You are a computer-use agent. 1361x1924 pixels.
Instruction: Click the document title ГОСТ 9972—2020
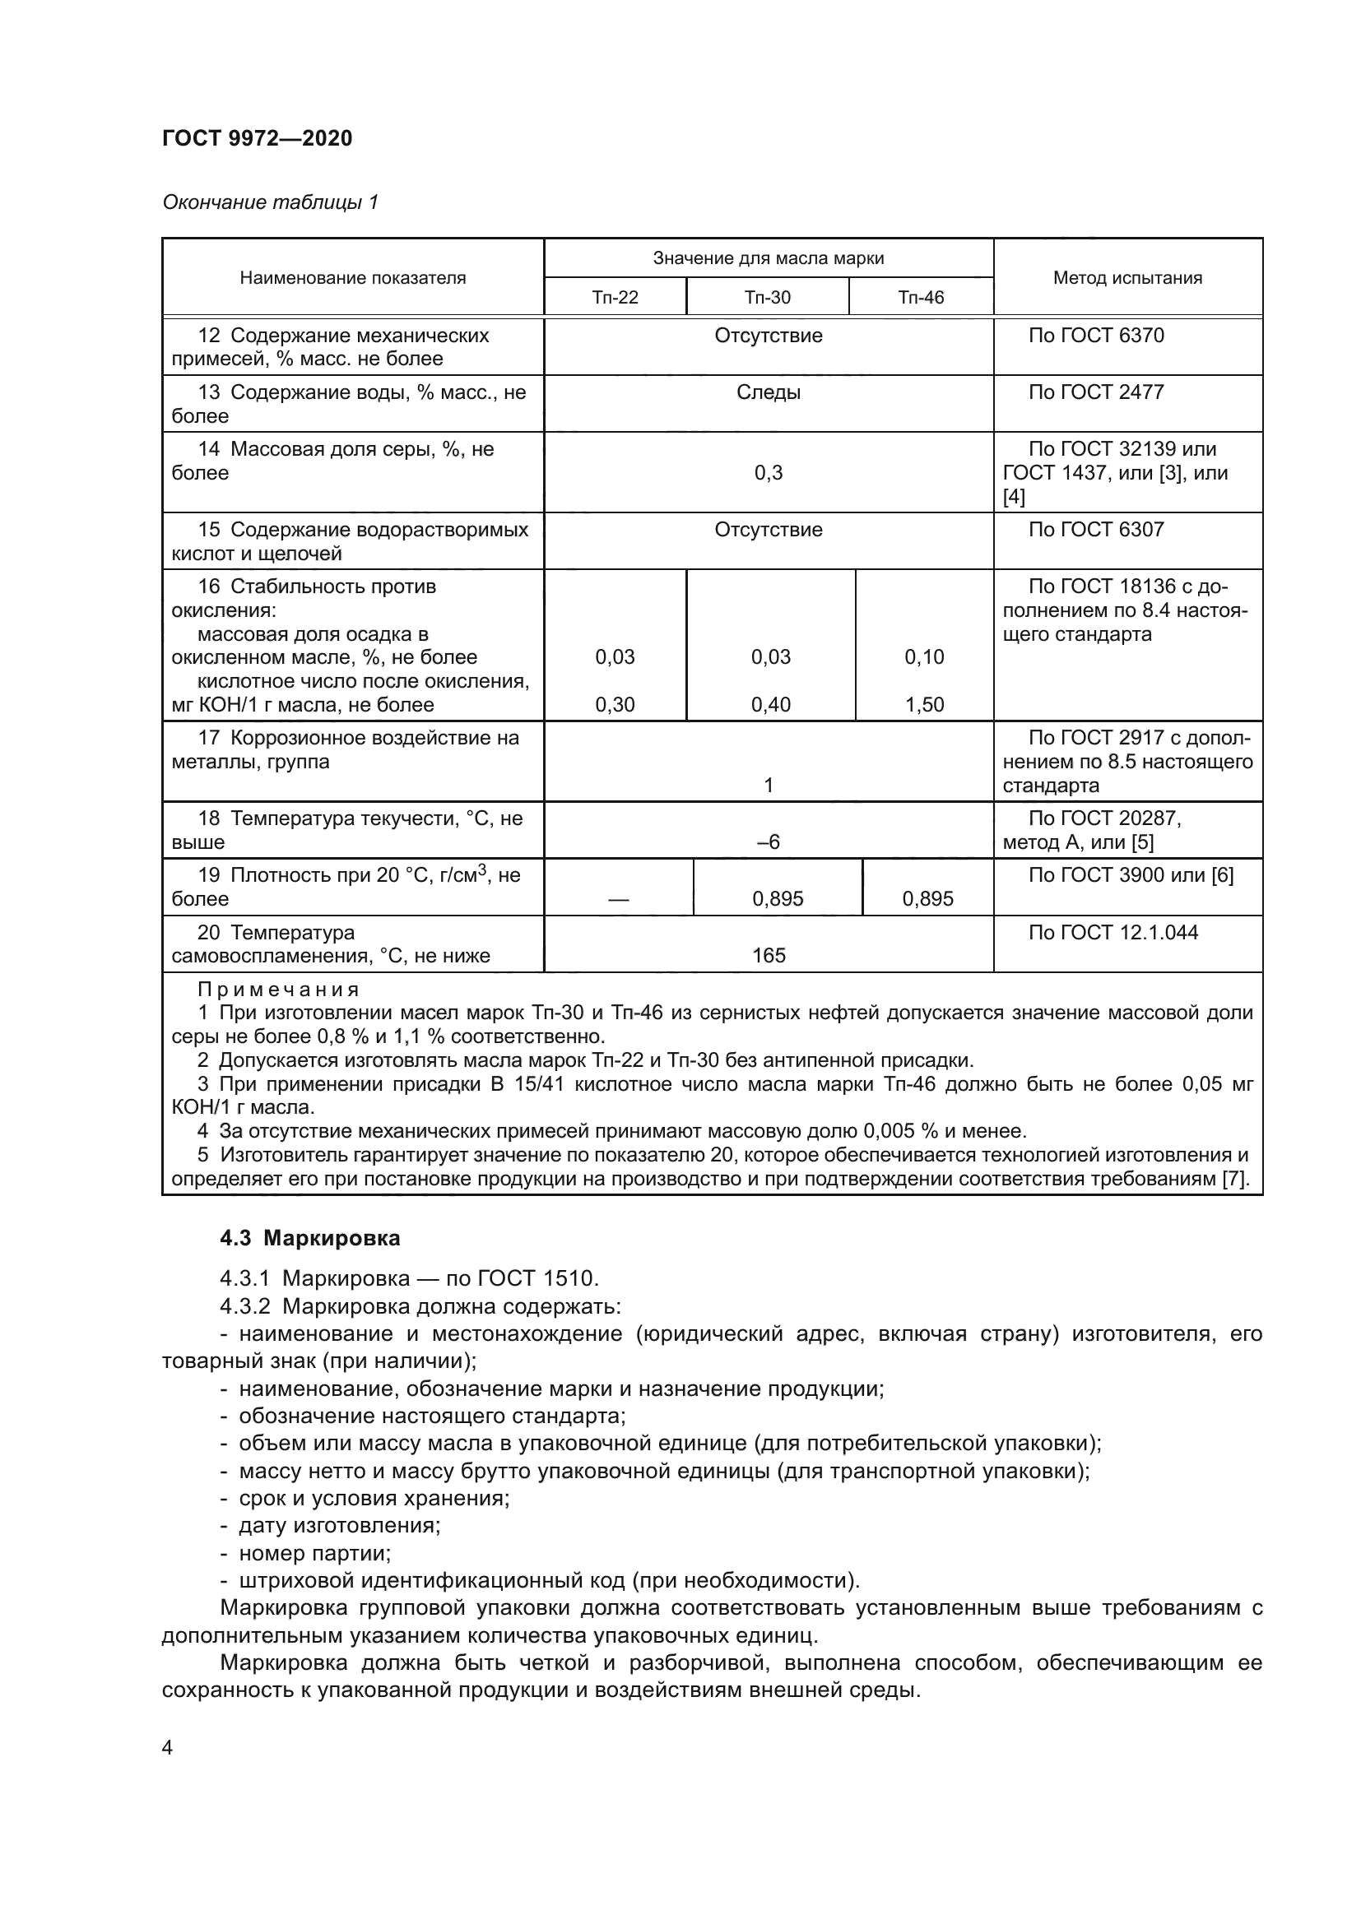(x=258, y=138)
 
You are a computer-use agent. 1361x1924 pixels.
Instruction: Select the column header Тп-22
(x=615, y=298)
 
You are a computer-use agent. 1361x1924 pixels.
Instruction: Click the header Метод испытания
(x=1127, y=278)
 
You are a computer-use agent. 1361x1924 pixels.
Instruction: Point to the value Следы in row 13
(x=768, y=392)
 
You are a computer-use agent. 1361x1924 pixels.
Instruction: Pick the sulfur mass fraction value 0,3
(x=768, y=473)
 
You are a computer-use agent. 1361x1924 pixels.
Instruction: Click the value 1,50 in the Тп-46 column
(x=923, y=705)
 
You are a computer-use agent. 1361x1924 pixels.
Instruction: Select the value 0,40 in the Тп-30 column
(x=770, y=705)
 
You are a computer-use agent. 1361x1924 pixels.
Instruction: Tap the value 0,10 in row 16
(x=923, y=657)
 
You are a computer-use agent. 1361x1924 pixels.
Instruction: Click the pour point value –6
(x=768, y=842)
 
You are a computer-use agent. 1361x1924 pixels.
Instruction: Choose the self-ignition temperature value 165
(x=769, y=955)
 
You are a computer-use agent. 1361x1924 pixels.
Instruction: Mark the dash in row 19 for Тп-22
(x=619, y=899)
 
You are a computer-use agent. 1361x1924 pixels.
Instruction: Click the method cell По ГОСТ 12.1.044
(x=1113, y=932)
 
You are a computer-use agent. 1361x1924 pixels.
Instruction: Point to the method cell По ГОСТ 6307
(x=1096, y=530)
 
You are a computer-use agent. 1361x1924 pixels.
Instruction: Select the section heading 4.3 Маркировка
(x=310, y=1239)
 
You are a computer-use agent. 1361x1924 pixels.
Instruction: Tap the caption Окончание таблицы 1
(x=270, y=202)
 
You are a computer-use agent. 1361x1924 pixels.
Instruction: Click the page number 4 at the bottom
(x=168, y=1748)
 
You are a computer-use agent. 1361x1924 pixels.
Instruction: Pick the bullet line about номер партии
(x=314, y=1554)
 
